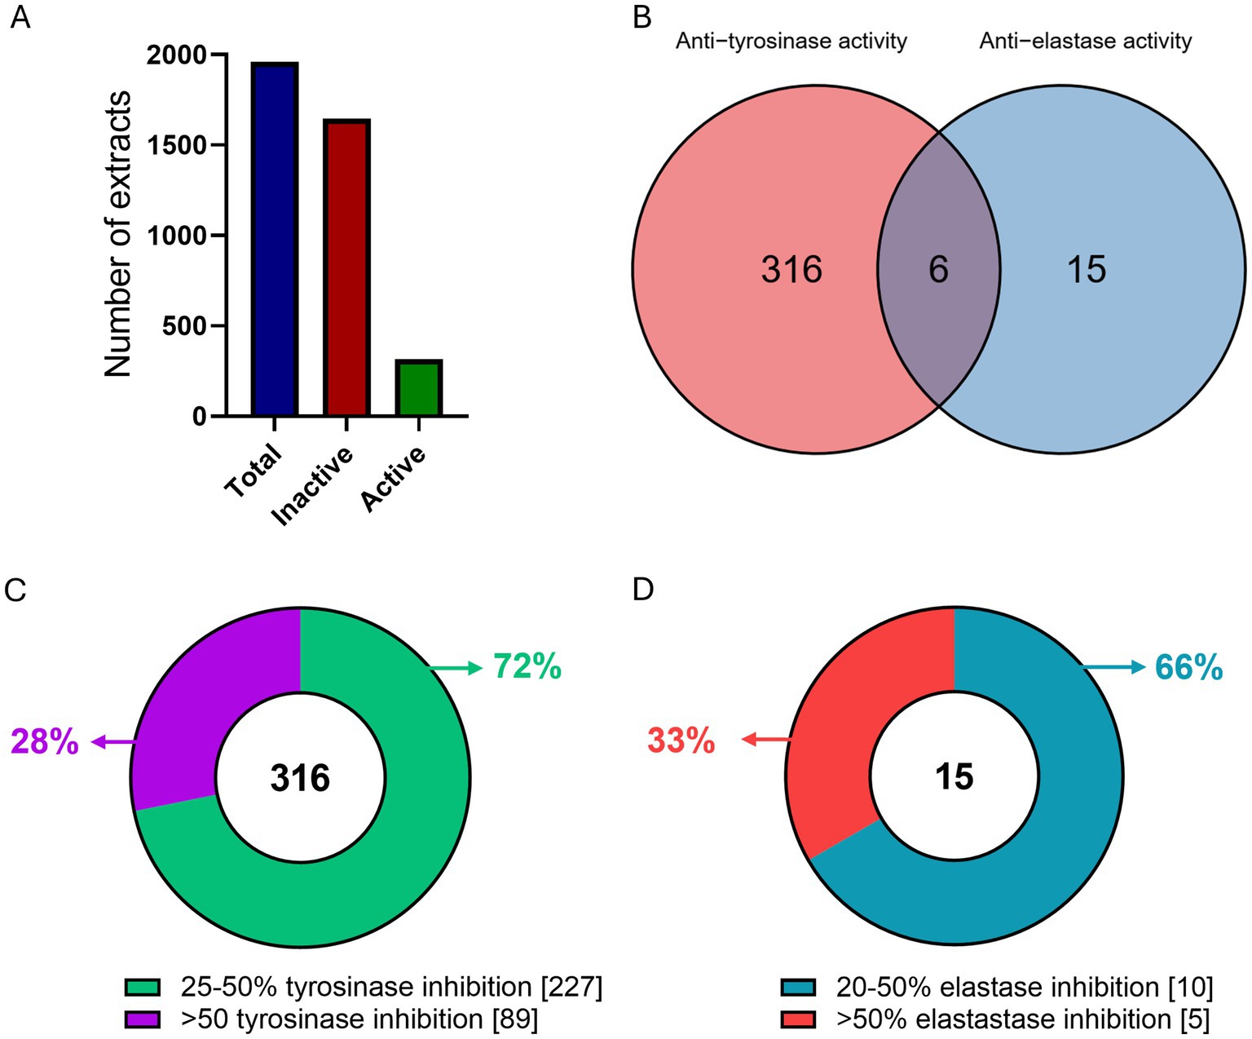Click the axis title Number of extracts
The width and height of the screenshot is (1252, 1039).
pyautogui.click(x=119, y=234)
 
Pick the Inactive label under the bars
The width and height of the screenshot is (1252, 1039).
pyautogui.click(x=313, y=485)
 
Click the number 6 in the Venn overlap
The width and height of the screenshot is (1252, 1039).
pyautogui.click(x=938, y=269)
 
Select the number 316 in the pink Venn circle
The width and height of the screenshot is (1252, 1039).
pyautogui.click(x=791, y=269)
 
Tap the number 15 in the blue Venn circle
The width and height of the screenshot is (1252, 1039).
pyautogui.click(x=1087, y=269)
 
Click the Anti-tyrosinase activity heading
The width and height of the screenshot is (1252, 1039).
pyautogui.click(x=791, y=41)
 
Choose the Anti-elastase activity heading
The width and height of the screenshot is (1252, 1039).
pyautogui.click(x=1085, y=41)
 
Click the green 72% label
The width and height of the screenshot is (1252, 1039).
pyautogui.click(x=527, y=667)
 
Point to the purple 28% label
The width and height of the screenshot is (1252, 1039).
pyautogui.click(x=45, y=742)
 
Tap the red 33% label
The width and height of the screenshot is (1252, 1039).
pyautogui.click(x=681, y=741)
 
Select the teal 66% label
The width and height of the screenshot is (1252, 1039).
pyautogui.click(x=1188, y=668)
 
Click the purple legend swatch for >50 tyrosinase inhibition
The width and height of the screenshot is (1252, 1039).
pyautogui.click(x=143, y=1019)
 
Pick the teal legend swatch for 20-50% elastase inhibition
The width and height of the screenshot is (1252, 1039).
pyautogui.click(x=798, y=988)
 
